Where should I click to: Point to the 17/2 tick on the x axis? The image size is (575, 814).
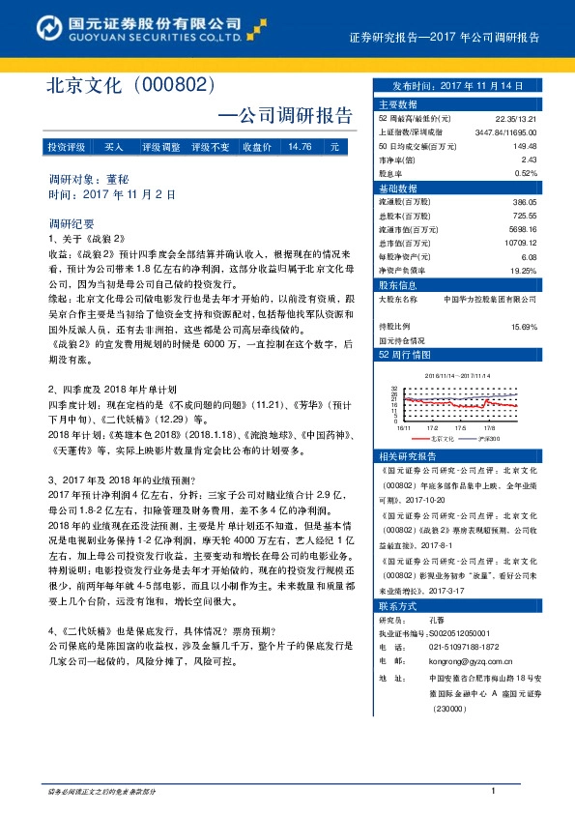(433, 425)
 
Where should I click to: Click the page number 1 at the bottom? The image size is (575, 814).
(493, 792)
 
